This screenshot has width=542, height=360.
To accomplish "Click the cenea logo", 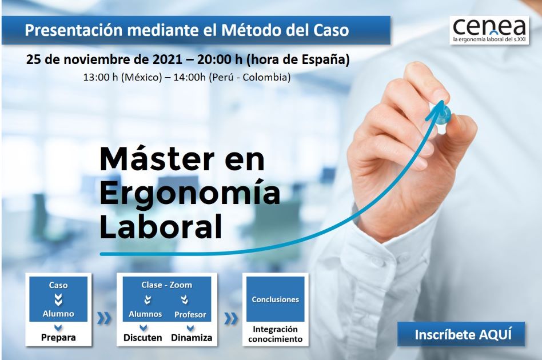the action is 489,30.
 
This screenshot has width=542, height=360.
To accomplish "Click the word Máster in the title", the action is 157,159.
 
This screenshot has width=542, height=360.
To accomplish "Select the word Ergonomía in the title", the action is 190,193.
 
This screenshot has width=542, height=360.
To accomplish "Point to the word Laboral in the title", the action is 161,226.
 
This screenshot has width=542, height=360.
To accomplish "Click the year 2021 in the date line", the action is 168,59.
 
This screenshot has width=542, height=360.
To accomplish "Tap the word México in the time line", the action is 143,77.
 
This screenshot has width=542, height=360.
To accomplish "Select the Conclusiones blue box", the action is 275,299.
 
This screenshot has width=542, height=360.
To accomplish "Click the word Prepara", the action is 58,338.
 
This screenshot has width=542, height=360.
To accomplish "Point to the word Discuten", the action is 143,338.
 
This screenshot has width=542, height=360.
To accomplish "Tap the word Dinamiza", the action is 192,338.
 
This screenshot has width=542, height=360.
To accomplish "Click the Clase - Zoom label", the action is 166,285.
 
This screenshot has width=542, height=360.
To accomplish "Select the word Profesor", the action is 190,314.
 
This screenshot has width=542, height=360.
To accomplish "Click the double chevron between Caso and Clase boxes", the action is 104,318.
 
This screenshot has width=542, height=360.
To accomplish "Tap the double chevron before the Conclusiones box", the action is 231,318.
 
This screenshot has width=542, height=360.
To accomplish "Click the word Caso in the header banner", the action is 331,30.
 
